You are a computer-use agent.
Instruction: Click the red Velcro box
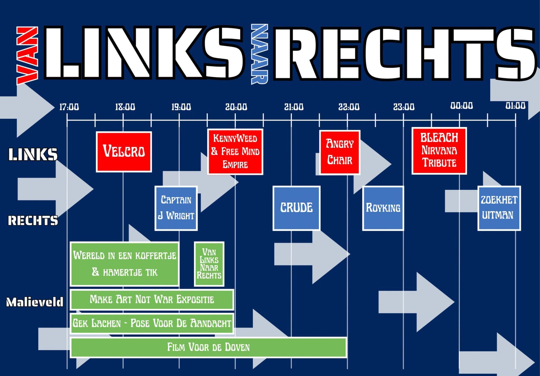coord(124,152)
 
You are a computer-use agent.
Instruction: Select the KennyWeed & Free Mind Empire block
coord(235,152)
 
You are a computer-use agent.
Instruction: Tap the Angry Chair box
coord(339,152)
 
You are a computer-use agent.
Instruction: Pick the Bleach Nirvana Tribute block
coord(439,151)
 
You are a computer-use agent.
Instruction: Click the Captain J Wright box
coord(176,208)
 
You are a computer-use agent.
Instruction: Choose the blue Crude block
coord(296,208)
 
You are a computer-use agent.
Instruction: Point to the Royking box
coord(383,208)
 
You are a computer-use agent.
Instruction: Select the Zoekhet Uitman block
coord(499,208)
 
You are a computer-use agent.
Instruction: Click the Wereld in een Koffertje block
coord(124,264)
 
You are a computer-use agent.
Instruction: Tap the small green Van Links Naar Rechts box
coord(209,264)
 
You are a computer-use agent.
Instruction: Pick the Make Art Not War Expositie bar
coord(152,300)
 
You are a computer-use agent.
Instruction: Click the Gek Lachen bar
coord(152,323)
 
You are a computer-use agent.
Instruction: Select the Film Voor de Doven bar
coord(208,347)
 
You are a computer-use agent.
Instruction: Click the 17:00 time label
coord(69,107)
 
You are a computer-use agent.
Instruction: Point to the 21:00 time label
coord(294,107)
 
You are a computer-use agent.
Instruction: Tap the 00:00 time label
coord(462,106)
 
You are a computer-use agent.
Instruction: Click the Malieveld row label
coord(35,302)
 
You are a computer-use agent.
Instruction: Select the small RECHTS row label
coord(33,220)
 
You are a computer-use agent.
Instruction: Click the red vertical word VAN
coord(27,56)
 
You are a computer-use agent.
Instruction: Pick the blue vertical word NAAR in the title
coord(259,54)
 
